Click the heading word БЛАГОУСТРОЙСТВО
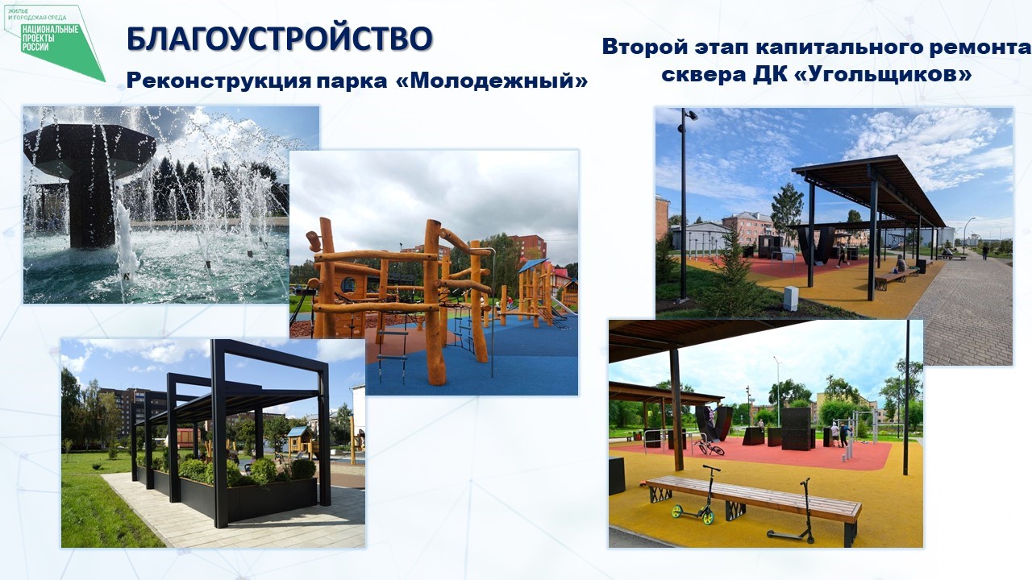279,39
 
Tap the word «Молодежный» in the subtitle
492,81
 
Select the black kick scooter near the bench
793,512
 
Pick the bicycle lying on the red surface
709,447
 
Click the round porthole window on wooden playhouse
347,284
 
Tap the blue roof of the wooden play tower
533,265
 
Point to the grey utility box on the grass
791,298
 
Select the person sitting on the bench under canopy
900,264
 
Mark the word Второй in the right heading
645,47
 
